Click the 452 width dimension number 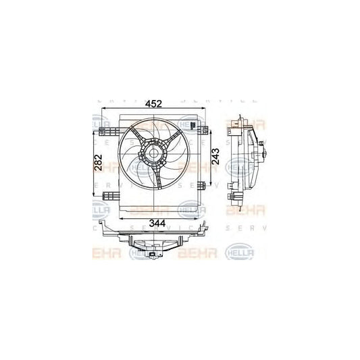point(155,104)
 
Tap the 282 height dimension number point(98,164)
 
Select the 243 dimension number point(215,157)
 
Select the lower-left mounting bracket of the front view point(107,196)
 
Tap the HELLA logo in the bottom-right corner point(247,253)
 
